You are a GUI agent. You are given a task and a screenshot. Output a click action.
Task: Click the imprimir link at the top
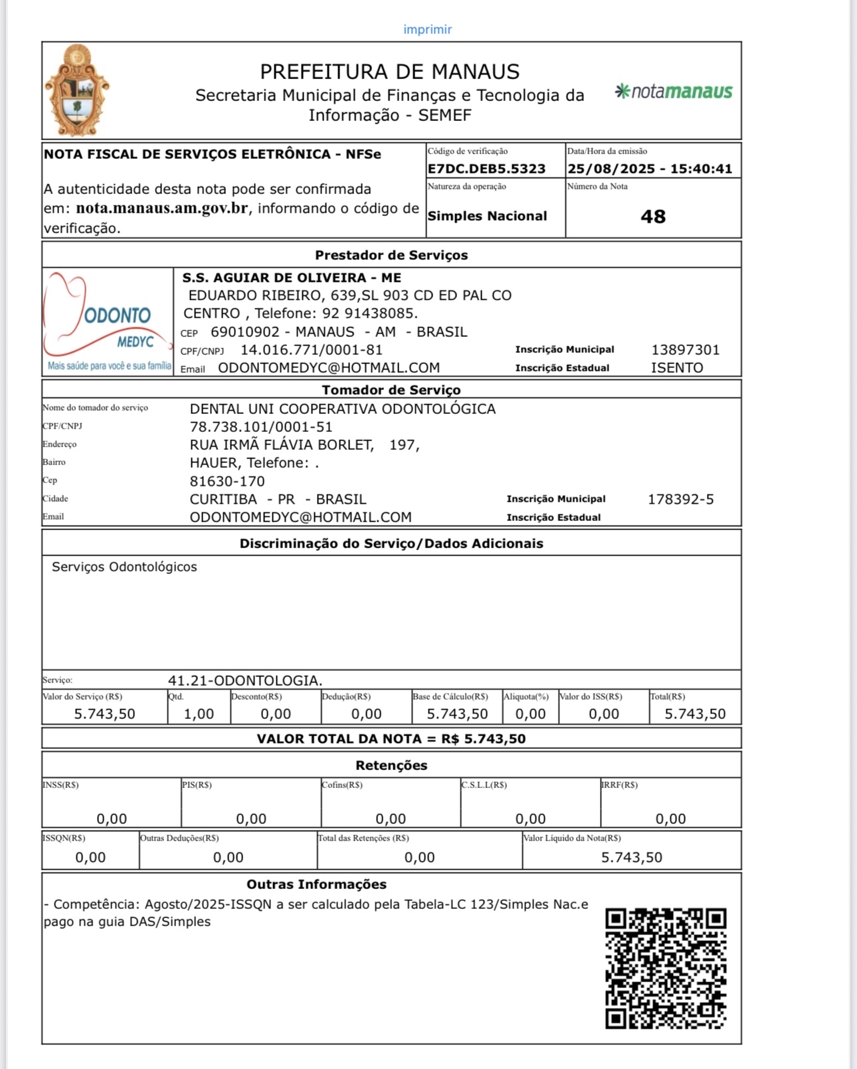pyautogui.click(x=427, y=29)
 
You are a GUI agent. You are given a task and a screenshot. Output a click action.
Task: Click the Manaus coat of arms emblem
pyautogui.click(x=76, y=90)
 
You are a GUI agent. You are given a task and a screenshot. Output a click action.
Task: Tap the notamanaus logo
pyautogui.click(x=674, y=91)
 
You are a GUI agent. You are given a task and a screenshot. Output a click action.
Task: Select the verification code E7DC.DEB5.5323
pyautogui.click(x=486, y=169)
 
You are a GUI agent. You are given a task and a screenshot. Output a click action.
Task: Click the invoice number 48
pyautogui.click(x=653, y=217)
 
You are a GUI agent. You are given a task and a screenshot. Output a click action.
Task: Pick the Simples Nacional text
pyautogui.click(x=487, y=216)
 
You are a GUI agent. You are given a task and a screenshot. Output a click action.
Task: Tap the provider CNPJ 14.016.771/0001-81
pyautogui.click(x=311, y=350)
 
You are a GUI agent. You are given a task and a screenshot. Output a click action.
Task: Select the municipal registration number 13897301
pyautogui.click(x=685, y=350)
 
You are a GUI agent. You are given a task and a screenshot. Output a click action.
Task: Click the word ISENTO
pyautogui.click(x=676, y=368)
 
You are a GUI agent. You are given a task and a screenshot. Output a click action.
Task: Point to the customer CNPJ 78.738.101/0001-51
pyautogui.click(x=261, y=427)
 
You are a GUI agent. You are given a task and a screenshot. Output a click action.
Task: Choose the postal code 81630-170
pyautogui.click(x=227, y=482)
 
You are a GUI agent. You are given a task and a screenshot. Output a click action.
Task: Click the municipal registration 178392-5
pyautogui.click(x=680, y=500)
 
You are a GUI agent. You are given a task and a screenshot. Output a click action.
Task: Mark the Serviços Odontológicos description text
pyautogui.click(x=124, y=567)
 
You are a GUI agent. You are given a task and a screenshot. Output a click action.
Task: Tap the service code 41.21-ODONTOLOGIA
pyautogui.click(x=245, y=680)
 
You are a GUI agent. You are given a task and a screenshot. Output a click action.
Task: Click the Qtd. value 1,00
pyautogui.click(x=199, y=714)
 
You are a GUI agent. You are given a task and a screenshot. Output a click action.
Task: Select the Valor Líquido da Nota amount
pyautogui.click(x=631, y=858)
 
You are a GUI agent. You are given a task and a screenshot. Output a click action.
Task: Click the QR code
pyautogui.click(x=665, y=968)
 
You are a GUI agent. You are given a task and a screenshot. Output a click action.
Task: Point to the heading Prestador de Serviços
pyautogui.click(x=391, y=255)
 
